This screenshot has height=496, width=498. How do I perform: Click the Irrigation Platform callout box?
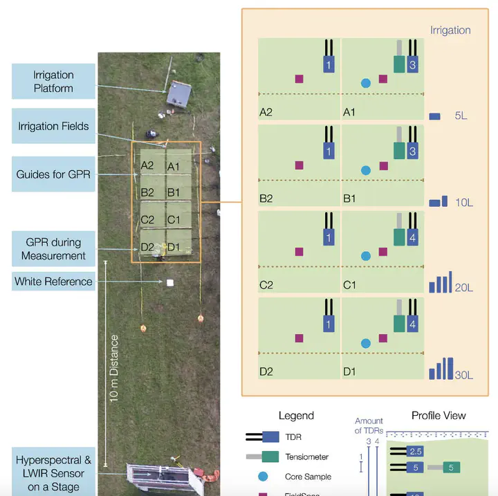click(x=53, y=82)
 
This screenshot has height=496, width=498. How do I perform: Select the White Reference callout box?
click(x=53, y=282)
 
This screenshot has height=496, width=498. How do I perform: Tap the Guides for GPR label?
click(x=53, y=175)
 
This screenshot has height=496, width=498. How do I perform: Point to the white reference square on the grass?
click(x=169, y=282)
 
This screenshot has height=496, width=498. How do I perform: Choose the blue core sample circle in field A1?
click(x=366, y=83)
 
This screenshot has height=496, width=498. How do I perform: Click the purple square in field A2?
click(x=299, y=79)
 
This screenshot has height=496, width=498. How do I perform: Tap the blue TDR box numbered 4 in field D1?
click(x=412, y=323)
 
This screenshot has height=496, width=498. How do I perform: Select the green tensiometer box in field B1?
click(x=398, y=151)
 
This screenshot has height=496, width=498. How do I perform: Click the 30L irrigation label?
click(x=463, y=375)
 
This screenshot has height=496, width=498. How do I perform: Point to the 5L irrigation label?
click(x=461, y=116)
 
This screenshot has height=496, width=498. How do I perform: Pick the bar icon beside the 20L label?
click(x=440, y=283)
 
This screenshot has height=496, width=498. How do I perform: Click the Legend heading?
click(x=296, y=416)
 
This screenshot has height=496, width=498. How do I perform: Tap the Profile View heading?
click(x=439, y=416)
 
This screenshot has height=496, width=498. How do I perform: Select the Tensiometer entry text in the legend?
click(x=307, y=457)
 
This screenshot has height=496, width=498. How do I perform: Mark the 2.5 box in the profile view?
click(x=415, y=452)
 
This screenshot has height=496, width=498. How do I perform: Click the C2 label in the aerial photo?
click(x=147, y=220)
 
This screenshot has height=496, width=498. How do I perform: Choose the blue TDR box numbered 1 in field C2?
click(x=329, y=237)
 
